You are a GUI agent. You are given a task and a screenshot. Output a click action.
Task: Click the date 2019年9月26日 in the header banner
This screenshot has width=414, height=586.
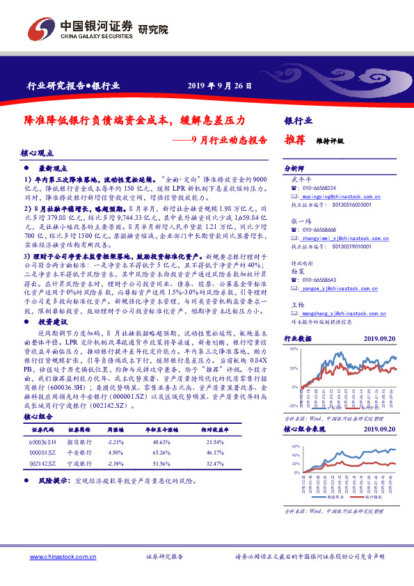[x=216, y=86]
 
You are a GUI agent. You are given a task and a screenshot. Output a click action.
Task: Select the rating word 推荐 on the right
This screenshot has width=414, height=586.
[x=295, y=139]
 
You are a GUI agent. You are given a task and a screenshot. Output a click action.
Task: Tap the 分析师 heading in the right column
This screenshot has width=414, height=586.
[x=294, y=169]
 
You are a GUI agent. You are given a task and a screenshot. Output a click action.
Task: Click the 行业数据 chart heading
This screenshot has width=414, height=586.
[x=298, y=338]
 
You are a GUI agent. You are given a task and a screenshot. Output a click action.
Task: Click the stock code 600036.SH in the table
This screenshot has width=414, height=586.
[x=43, y=443]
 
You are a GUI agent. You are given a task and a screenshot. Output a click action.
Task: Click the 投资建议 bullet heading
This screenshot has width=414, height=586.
[x=53, y=303]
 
